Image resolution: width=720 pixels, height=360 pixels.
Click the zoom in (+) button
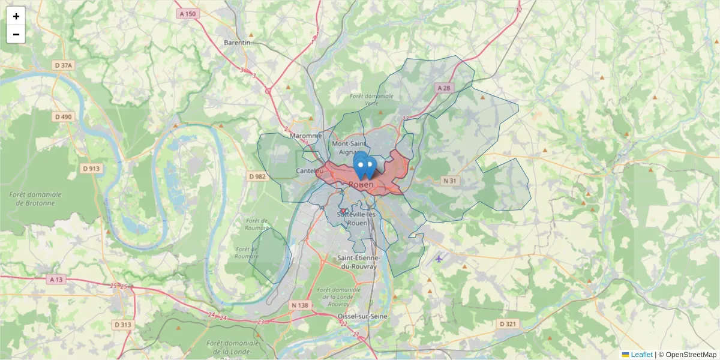tap(16, 16)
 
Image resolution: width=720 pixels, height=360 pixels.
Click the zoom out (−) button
tap(16, 34)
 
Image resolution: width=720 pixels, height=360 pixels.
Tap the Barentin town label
tap(236, 43)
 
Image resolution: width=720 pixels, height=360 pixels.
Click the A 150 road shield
tap(187, 13)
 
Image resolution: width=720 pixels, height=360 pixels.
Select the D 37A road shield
tap(63, 65)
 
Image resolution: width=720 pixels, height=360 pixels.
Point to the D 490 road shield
tap(62, 116)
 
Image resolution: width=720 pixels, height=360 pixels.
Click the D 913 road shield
tap(90, 169)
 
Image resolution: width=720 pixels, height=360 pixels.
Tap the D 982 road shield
tap(257, 176)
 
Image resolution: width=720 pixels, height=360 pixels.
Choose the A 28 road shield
tap(443, 88)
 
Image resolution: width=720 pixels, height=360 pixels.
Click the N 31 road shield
tap(450, 181)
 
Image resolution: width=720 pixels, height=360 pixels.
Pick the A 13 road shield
tap(56, 280)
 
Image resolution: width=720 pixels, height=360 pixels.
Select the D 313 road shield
tap(122, 325)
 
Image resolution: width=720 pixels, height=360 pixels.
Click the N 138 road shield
tap(299, 305)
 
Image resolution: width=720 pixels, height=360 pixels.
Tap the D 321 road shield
tap(507, 324)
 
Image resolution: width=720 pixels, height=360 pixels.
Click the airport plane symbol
tap(439, 259)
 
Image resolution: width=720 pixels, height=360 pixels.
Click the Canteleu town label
tap(310, 171)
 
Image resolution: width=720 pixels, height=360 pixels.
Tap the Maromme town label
tap(305, 136)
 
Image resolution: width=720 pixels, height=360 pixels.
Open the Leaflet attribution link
tap(641, 355)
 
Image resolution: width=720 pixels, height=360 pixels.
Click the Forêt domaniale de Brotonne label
tap(35, 199)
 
